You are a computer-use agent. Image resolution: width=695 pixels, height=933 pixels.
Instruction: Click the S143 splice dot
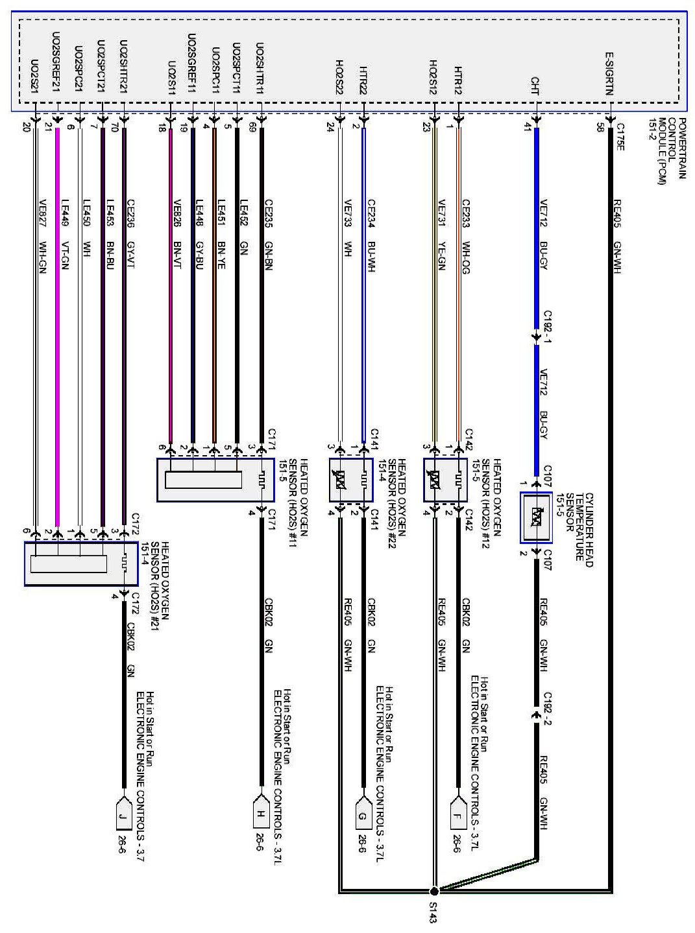[x=434, y=890]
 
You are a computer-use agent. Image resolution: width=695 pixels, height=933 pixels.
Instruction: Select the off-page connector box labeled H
[x=260, y=814]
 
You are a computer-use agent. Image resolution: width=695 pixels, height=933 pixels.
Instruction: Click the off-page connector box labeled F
[x=458, y=814]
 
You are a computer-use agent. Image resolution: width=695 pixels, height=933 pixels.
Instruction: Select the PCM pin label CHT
[x=535, y=85]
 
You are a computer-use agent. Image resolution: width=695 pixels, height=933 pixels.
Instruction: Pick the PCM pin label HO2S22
[x=339, y=77]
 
